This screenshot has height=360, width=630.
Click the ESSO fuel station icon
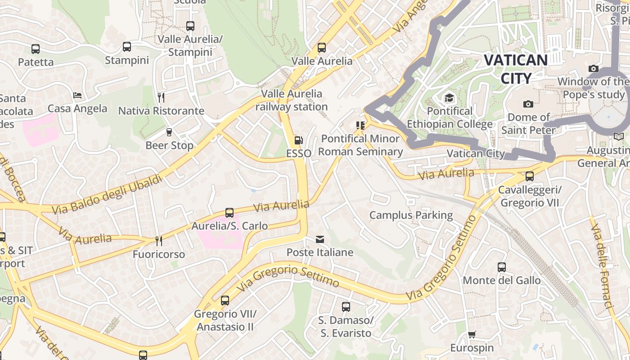pos(298,140)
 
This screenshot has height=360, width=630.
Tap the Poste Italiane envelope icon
pos(320,239)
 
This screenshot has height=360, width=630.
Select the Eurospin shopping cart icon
pos(472,335)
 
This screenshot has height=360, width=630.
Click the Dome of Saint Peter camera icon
pos(528,104)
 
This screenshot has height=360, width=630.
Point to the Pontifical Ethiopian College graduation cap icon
pos(449,98)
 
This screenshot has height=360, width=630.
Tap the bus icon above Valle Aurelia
pos(321,48)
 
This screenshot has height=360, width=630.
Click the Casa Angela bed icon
pos(77,95)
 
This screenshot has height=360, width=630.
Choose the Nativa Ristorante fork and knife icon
pos(161,97)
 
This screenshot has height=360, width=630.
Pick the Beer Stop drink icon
pos(169,132)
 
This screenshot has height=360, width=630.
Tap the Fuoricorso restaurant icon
pos(158,241)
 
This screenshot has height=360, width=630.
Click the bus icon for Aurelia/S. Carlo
pos(229,213)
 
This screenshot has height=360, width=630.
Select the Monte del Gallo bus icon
pos(502,267)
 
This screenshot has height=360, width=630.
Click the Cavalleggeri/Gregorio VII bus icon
pos(530,176)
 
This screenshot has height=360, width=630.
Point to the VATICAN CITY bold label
pos(516,69)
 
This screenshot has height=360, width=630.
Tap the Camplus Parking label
pos(411,215)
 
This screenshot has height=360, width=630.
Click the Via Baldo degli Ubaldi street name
pos(107,194)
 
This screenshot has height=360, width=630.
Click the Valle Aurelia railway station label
pos(292,100)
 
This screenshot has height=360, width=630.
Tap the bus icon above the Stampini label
pos(127,47)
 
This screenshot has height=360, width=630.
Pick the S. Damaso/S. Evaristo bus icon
pos(346,307)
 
